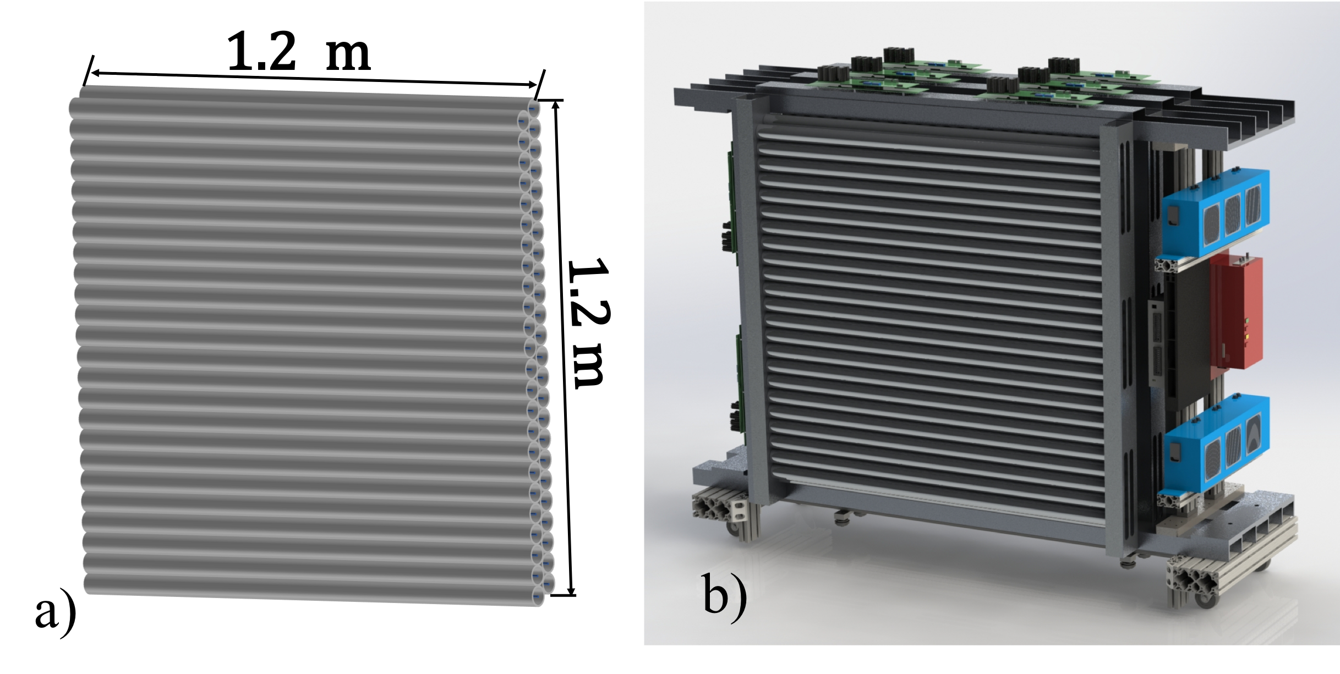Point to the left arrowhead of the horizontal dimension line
point(96,73)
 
